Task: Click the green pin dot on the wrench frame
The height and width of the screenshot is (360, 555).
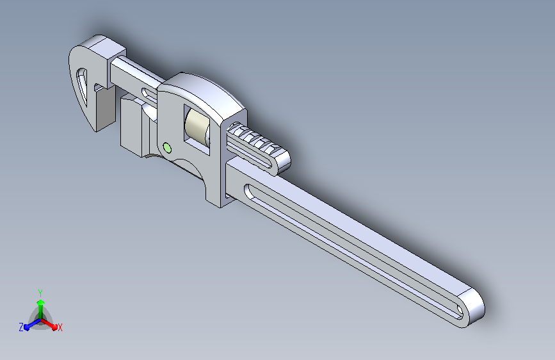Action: coord(167,148)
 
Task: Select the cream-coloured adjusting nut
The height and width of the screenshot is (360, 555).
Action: coord(197,127)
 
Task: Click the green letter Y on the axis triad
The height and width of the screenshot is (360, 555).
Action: coord(40,293)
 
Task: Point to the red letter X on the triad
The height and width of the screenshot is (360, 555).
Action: coord(60,327)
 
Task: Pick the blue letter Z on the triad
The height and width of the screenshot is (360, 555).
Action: coord(21,327)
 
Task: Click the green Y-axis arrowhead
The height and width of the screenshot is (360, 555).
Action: coord(40,302)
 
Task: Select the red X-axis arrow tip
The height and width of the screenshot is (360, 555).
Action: coord(54,327)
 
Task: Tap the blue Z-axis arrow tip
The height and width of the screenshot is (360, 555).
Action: coord(27,328)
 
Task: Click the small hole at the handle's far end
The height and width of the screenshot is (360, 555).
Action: coord(459,311)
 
